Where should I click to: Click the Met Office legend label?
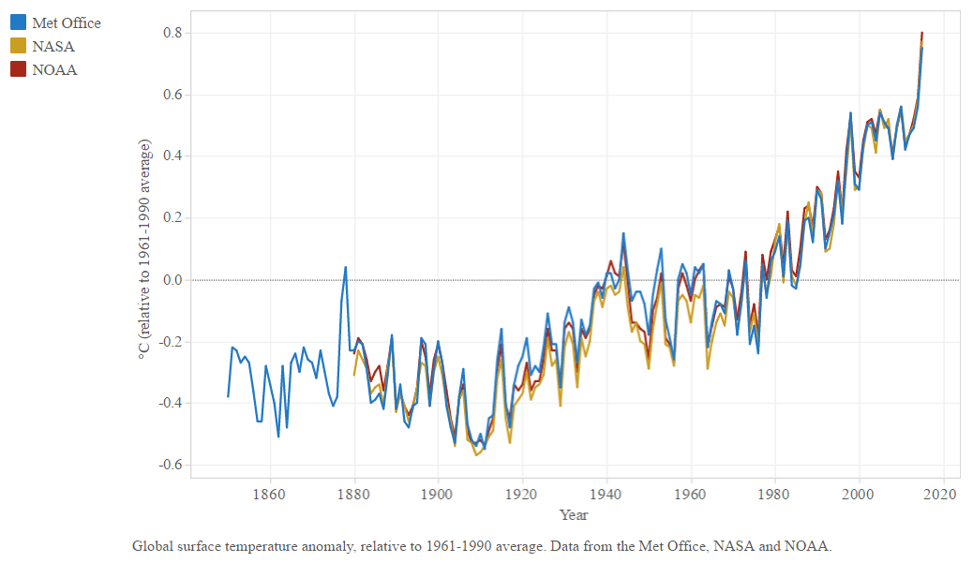coord(66,22)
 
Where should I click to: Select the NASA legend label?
coord(52,46)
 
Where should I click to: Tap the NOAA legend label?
coord(54,69)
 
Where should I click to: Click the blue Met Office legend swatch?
coord(18,22)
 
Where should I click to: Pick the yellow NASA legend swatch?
coord(18,46)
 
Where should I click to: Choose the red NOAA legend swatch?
coord(18,69)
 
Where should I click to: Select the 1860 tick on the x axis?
coord(269,494)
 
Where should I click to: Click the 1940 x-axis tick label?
coord(606,494)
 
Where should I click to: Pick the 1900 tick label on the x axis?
coord(438,494)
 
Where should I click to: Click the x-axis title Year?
coord(574,514)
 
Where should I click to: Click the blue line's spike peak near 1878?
coord(346,268)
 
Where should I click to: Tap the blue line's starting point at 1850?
coord(228,396)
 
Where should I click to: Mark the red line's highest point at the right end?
coord(921,33)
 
